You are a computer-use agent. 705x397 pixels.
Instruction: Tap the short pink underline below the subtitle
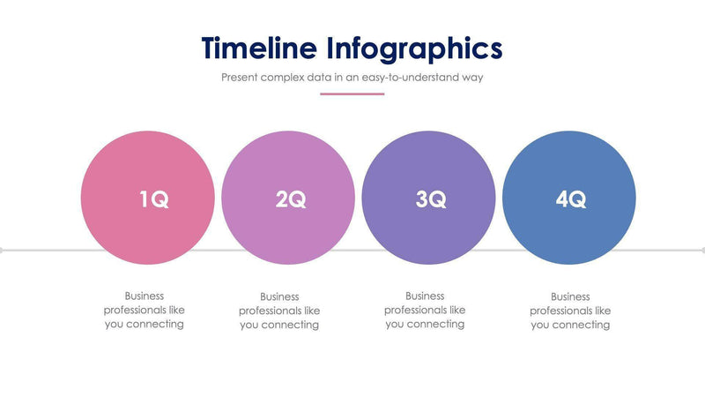point(352,94)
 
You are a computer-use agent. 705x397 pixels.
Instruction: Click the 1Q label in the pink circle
point(154,199)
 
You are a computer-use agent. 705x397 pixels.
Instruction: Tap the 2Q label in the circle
point(291,199)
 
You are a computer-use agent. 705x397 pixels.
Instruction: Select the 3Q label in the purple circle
point(431,199)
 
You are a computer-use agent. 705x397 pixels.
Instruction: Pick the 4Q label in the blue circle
point(570,199)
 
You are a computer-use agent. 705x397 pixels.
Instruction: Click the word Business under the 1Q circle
point(144,296)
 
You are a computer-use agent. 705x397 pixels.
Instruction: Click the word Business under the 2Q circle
point(279,297)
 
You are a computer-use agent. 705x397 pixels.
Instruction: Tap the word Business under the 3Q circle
point(425,296)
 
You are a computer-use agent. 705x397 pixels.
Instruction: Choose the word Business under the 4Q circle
point(570,297)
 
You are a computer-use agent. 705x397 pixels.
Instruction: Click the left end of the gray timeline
point(3,251)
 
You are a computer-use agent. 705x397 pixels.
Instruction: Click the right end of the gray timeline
point(701,251)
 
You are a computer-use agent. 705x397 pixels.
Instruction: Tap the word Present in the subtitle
point(240,77)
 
